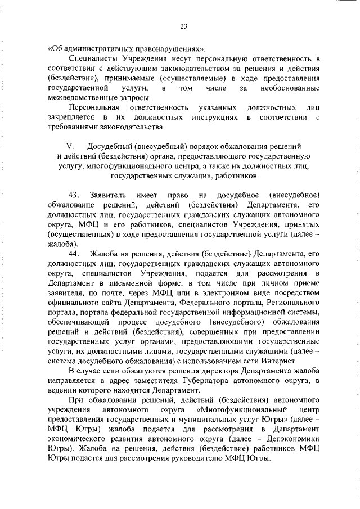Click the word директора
point(212,371)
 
